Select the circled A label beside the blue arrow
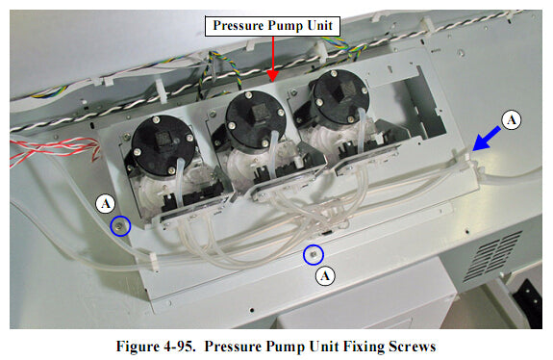pyautogui.click(x=513, y=118)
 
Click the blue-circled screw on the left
pyautogui.click(x=120, y=226)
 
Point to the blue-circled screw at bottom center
pyautogui.click(x=313, y=255)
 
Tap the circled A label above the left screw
pyautogui.click(x=107, y=203)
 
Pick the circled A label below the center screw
pyautogui.click(x=326, y=275)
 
